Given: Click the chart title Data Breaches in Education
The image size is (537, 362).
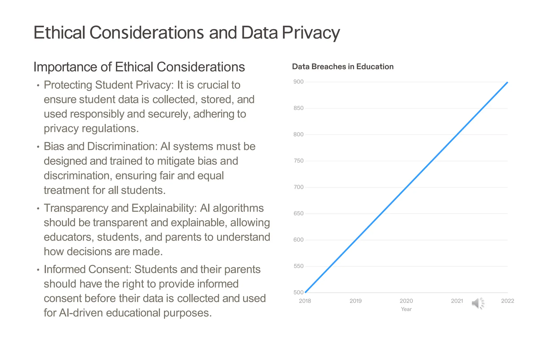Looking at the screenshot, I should (x=342, y=67).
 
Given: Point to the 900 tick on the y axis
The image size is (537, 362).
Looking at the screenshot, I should (x=298, y=82).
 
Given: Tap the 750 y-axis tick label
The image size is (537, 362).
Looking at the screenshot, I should (x=298, y=161).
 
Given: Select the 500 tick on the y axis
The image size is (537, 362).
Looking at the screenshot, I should (x=298, y=292).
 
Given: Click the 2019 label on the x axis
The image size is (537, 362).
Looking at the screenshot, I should (x=355, y=301).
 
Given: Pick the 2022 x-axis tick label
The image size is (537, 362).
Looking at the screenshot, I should (x=507, y=301).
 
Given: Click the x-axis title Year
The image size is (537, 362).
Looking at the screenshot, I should (x=406, y=309).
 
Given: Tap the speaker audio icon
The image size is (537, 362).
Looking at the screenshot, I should (x=477, y=303).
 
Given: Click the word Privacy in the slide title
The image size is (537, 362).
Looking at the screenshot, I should (x=311, y=33).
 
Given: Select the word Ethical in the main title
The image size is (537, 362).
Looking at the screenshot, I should (x=60, y=33).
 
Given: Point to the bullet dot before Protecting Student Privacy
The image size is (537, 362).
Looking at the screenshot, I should (x=38, y=85).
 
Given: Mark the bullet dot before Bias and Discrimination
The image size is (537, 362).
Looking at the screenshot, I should (x=38, y=147).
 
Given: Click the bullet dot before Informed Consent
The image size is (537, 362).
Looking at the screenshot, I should (x=38, y=270).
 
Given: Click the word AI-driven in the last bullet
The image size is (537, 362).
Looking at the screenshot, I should (x=81, y=313).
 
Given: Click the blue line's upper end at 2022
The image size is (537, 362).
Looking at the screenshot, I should (x=507, y=83).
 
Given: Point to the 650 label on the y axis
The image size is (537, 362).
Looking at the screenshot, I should (x=298, y=213).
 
